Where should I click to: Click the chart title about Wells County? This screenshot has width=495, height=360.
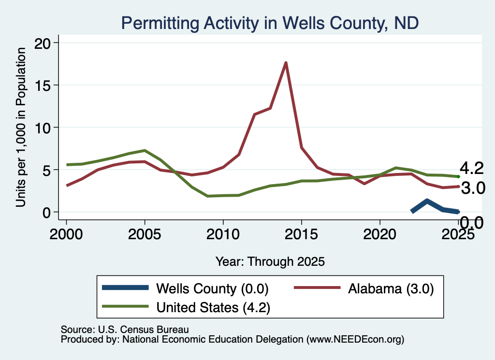[x=270, y=23]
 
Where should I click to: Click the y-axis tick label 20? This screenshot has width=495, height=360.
[x=43, y=43]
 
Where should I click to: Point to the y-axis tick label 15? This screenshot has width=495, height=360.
[x=43, y=86]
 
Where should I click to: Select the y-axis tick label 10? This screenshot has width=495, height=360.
[x=43, y=128]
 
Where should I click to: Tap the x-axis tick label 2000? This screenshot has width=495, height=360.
[x=66, y=234]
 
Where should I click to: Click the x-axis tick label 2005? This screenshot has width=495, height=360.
[x=145, y=234]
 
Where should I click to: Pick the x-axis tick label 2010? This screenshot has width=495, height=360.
[x=223, y=234]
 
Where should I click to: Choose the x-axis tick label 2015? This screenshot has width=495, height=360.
[x=302, y=234]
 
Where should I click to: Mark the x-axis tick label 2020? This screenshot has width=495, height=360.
[x=380, y=234]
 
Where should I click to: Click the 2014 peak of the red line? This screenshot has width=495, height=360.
[x=286, y=62]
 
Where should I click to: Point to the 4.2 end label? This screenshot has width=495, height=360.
[x=472, y=168]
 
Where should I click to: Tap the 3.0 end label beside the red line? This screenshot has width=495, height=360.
[x=473, y=188]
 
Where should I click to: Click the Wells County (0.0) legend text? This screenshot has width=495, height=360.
[x=213, y=288]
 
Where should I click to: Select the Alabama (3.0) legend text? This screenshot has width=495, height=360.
[x=391, y=288]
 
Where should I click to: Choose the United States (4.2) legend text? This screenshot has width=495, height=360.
[x=213, y=307]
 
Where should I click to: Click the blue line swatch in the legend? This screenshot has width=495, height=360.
[x=125, y=288]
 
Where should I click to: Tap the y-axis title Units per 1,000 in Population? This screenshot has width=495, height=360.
[x=21, y=127]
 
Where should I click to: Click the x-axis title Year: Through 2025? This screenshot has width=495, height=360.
[x=270, y=261]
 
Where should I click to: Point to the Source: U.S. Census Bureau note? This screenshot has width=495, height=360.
[x=125, y=330]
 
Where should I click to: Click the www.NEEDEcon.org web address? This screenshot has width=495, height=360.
[x=355, y=340]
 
